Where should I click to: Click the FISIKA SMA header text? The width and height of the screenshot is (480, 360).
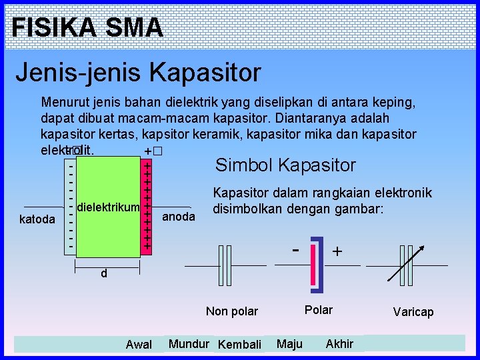pyautogui.click(x=87, y=27)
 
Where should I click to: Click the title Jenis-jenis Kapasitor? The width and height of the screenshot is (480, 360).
pyautogui.click(x=138, y=72)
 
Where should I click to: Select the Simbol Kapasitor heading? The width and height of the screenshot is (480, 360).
pyautogui.click(x=285, y=165)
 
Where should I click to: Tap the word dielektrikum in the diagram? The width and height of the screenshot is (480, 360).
pyautogui.click(x=109, y=208)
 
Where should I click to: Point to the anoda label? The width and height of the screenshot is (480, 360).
pyautogui.click(x=179, y=217)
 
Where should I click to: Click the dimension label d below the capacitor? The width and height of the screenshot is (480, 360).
pyautogui.click(x=104, y=273)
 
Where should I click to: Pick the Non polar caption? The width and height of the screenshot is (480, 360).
pyautogui.click(x=231, y=311)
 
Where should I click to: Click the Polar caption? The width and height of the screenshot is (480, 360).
pyautogui.click(x=318, y=310)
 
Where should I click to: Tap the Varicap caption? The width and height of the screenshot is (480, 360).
pyautogui.click(x=413, y=312)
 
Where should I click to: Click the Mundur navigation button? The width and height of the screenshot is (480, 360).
pyautogui.click(x=189, y=344)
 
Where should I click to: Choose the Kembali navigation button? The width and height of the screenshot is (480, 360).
pyautogui.click(x=239, y=345)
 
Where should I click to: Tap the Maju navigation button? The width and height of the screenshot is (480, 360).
pyautogui.click(x=289, y=344)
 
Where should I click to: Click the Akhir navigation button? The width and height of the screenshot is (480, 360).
pyautogui.click(x=339, y=344)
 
